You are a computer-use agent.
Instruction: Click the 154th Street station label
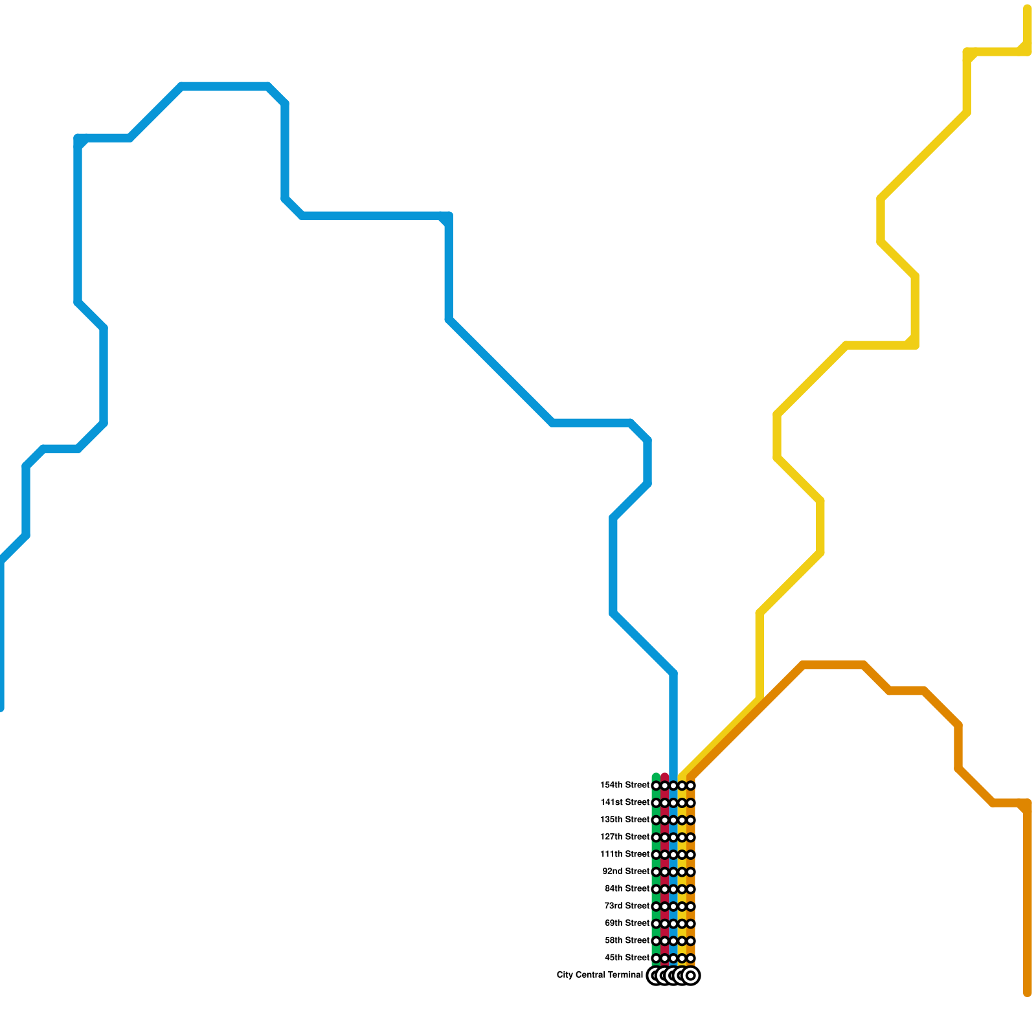tap(624, 785)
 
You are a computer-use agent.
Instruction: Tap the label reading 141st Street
tap(624, 802)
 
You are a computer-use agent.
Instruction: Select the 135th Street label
tap(624, 820)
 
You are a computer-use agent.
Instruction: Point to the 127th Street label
tap(624, 837)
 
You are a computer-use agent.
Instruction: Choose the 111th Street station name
tap(624, 854)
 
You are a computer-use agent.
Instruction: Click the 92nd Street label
tap(625, 872)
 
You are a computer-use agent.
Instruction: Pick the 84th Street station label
tap(626, 888)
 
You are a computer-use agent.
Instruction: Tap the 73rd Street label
tap(626, 906)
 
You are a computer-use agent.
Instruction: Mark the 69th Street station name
tap(626, 923)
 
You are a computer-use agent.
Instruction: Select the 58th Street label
tap(626, 940)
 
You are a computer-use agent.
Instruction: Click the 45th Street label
tap(626, 958)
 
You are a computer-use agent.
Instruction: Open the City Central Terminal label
tap(600, 975)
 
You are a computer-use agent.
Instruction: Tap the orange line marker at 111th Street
tap(691, 855)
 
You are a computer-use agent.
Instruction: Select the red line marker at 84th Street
tap(664, 889)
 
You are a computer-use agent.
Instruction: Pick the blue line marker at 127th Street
tap(673, 837)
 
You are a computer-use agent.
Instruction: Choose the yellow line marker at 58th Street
tap(682, 941)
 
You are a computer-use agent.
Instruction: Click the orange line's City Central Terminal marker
tap(691, 975)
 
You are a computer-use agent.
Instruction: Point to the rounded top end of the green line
tap(656, 776)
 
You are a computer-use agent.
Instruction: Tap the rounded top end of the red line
tap(664, 776)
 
